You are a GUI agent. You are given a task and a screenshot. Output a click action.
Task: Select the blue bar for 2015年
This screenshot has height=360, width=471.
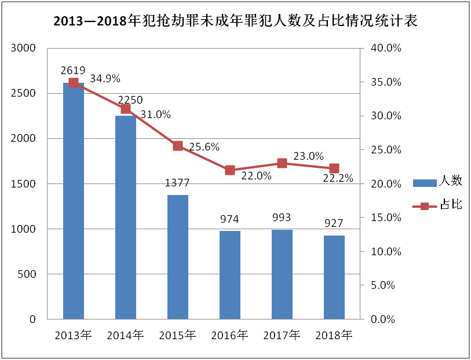(x=178, y=258)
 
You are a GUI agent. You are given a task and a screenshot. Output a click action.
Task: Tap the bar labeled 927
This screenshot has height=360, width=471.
(x=334, y=278)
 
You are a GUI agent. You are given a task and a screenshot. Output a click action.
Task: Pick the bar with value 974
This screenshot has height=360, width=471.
(x=230, y=275)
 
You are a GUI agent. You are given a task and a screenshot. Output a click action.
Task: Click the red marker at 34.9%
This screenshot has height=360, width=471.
(x=74, y=83)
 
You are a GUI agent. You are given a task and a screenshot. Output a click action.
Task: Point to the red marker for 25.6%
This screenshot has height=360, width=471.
(x=178, y=146)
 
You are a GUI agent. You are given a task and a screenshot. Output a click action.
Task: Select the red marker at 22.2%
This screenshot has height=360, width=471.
(x=334, y=168)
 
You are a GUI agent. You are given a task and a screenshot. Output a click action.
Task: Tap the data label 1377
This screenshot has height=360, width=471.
(x=177, y=183)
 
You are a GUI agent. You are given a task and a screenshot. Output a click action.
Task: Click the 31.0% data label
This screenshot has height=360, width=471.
(x=155, y=115)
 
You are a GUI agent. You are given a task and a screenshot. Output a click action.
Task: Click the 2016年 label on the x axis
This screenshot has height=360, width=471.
(x=230, y=335)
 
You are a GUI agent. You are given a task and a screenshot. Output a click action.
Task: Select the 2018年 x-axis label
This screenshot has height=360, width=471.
(x=334, y=335)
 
